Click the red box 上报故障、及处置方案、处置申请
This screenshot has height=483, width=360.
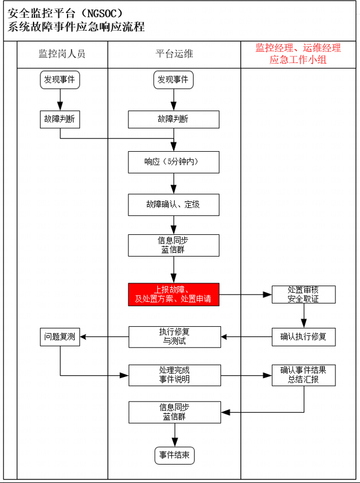(x=174, y=294)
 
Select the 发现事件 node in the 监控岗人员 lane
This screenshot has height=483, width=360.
(x=60, y=80)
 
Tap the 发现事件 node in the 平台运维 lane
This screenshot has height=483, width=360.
(x=173, y=80)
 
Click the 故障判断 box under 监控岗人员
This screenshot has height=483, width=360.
(x=60, y=119)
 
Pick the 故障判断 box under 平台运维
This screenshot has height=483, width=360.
(x=174, y=119)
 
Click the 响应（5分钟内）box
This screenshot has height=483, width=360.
(x=174, y=162)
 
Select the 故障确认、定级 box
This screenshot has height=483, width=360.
(x=174, y=205)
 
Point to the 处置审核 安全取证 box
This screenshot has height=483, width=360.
(x=303, y=294)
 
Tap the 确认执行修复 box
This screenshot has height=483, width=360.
(x=303, y=336)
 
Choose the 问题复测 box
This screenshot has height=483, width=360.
(x=60, y=336)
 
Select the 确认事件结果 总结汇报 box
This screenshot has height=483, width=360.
(x=303, y=375)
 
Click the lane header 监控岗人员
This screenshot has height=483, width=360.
(x=62, y=54)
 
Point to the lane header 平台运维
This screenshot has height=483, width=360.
(x=174, y=54)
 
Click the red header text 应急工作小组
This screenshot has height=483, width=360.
(x=298, y=60)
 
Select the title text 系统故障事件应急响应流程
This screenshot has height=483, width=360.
(x=76, y=27)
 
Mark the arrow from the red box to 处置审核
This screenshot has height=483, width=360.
(x=246, y=294)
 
